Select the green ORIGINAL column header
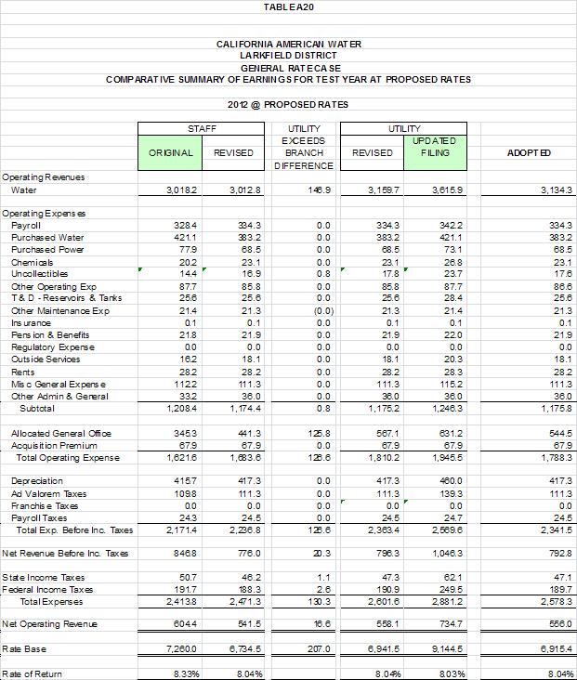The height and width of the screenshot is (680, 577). click(x=171, y=152)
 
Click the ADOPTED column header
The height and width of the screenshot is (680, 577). click(x=531, y=152)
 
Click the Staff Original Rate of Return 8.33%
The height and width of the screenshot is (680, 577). click(x=185, y=673)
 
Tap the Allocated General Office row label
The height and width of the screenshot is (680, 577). click(x=61, y=434)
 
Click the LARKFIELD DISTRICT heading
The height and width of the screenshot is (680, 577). click(x=288, y=56)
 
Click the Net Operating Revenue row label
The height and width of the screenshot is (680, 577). click(x=49, y=624)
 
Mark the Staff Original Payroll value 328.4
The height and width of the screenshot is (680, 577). click(x=187, y=226)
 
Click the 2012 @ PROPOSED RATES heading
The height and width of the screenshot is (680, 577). click(x=288, y=104)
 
